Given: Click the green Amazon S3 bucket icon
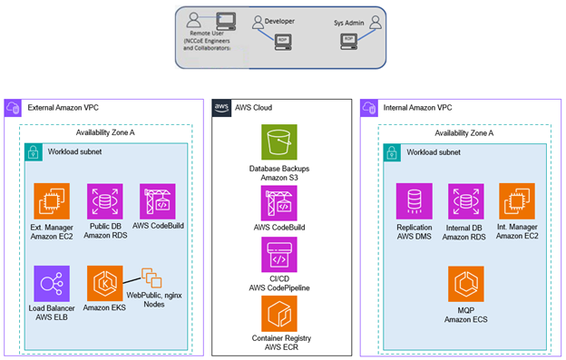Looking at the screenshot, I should point(279,143).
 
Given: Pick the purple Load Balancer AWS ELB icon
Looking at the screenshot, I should point(52,283).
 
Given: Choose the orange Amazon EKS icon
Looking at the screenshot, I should point(104,283).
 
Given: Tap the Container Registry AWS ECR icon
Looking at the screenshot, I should point(279,314).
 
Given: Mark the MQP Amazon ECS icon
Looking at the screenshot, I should point(465,283).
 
